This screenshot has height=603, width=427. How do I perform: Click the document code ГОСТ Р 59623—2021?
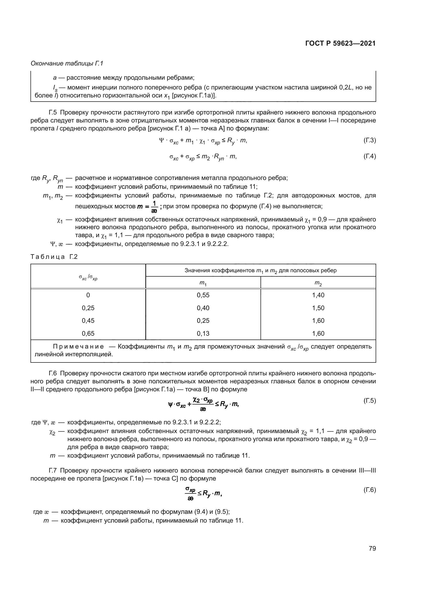click(340, 43)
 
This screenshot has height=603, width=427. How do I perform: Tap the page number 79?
click(372, 548)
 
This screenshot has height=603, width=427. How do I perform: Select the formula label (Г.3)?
click(369, 140)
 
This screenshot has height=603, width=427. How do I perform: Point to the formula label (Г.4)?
click(369, 156)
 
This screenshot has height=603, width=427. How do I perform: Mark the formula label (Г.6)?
click(369, 490)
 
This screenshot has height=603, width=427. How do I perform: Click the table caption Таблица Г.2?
click(54, 257)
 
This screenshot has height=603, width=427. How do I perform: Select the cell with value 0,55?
click(203, 295)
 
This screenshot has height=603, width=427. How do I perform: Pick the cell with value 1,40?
click(318, 295)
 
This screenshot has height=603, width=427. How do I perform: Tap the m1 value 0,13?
click(203, 333)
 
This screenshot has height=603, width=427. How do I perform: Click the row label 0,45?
click(88, 320)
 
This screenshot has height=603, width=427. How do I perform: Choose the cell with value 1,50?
click(318, 308)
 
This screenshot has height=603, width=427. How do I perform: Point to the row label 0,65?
click(88, 333)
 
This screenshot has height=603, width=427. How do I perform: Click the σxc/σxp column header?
click(88, 277)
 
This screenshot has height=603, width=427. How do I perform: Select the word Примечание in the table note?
click(78, 347)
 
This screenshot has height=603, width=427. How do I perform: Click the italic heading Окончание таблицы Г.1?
click(67, 63)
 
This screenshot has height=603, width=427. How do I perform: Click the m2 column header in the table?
click(318, 283)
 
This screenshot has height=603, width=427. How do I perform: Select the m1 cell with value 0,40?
click(203, 308)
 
